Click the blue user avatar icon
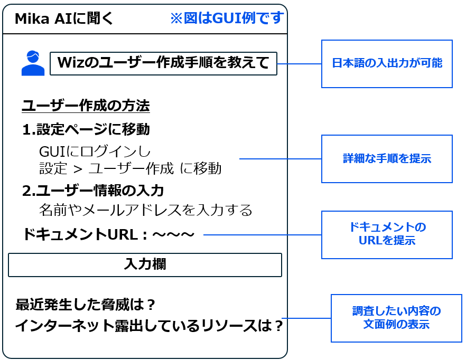click(x=33, y=63)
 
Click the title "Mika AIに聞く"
click(x=63, y=19)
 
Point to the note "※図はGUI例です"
click(x=227, y=18)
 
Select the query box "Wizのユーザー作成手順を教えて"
click(x=163, y=63)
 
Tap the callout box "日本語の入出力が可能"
click(x=387, y=64)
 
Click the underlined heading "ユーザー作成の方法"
click(x=86, y=106)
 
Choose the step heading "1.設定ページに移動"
click(x=86, y=129)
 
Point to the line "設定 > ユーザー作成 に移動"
click(x=130, y=168)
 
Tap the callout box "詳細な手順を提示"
click(x=387, y=159)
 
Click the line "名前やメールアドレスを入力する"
click(x=145, y=210)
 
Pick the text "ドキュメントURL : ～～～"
click(x=108, y=234)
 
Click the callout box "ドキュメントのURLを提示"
click(x=387, y=235)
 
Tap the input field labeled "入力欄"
click(x=145, y=264)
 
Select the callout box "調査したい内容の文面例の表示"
click(x=396, y=318)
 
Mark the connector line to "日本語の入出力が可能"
click(x=299, y=64)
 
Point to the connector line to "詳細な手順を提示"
click(x=280, y=159)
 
